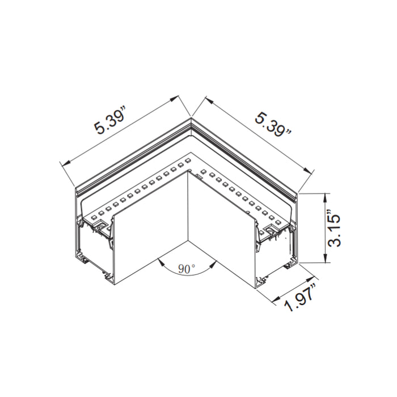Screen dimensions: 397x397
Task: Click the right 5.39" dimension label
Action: pyautogui.click(x=273, y=124)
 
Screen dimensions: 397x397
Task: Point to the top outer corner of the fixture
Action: pyautogui.click(x=191, y=119)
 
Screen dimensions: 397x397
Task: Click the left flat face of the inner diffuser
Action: pyautogui.click(x=150, y=227)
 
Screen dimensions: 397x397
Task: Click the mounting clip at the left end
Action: pyautogui.click(x=100, y=227)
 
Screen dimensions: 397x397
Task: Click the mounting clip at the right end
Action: pyautogui.click(x=273, y=229)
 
